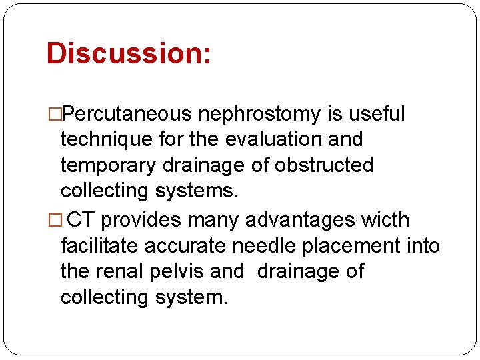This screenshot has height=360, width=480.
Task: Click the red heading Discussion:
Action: (x=129, y=53)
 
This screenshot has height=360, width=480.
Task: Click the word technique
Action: (x=108, y=139)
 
